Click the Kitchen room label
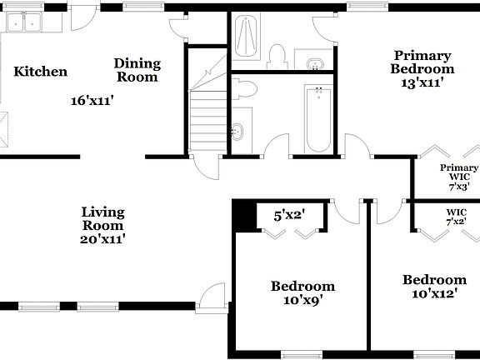click(40, 72)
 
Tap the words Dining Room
click(137, 70)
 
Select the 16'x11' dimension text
click(92, 101)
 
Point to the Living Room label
click(103, 218)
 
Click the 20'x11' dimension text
click(103, 239)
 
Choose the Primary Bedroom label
click(422, 62)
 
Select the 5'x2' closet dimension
click(289, 215)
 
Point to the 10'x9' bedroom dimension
click(302, 301)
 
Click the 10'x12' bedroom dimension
click(434, 293)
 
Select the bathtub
click(317, 119)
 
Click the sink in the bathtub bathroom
click(238, 130)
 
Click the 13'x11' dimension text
click(422, 82)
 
